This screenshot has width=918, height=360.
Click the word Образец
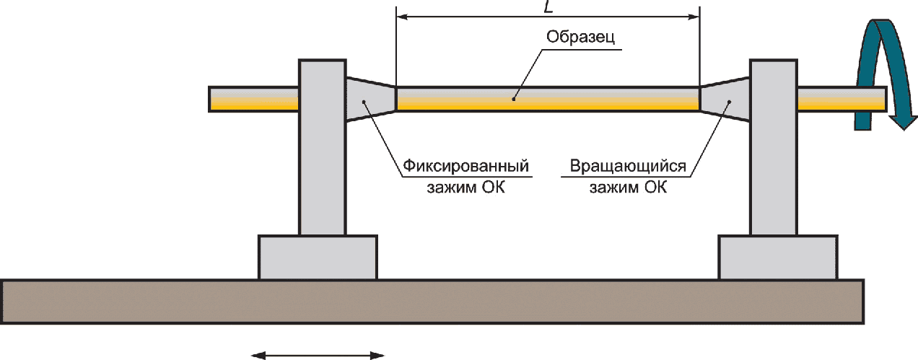[x=580, y=37]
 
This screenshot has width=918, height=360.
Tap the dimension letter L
[x=548, y=6]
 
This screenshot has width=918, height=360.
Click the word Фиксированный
[x=466, y=166]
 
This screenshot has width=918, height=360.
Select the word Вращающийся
[x=628, y=166]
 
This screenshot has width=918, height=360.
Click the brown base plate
[x=432, y=302]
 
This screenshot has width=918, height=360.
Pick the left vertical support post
[x=323, y=147]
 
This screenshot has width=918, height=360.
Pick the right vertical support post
[x=774, y=147]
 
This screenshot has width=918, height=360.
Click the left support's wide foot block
[x=318, y=258]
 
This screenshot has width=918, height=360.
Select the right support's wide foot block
[x=778, y=258]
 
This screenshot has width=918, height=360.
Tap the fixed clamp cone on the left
[x=371, y=99]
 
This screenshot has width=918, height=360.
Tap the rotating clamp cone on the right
[x=725, y=99]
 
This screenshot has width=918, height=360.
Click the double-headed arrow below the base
[x=318, y=356]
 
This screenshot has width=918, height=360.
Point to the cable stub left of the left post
[x=254, y=99]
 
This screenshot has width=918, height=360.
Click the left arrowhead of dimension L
[x=402, y=17]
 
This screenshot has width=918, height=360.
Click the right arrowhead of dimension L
[x=694, y=17]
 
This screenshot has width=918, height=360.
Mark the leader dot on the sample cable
[x=514, y=99]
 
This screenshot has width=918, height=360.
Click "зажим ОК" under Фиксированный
[x=466, y=187]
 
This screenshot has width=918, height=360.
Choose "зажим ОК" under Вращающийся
[x=628, y=187]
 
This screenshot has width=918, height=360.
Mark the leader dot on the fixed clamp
[x=364, y=101]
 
